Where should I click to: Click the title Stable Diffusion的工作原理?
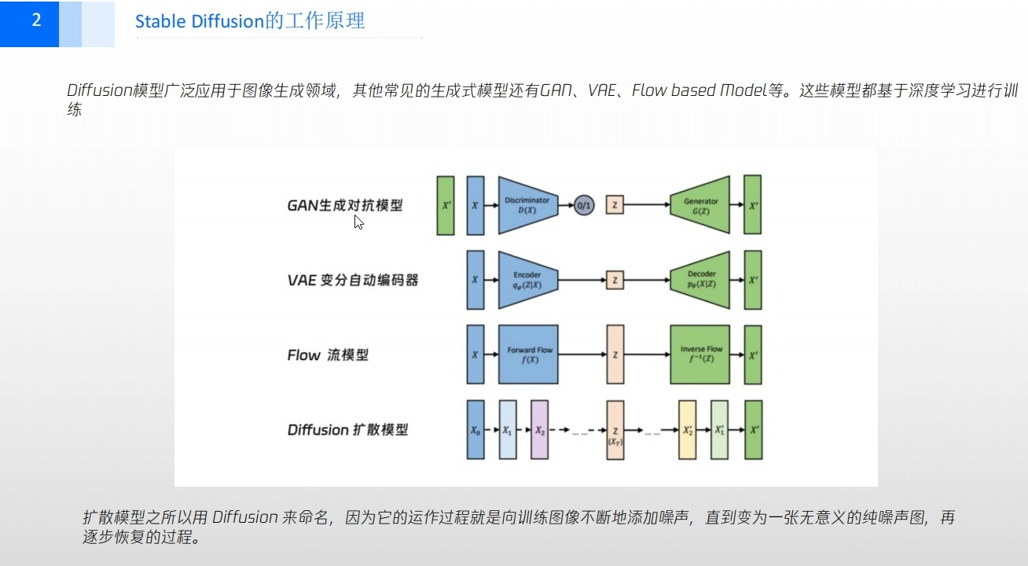(250, 21)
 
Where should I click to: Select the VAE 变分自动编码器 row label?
(352, 280)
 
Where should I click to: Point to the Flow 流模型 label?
(327, 355)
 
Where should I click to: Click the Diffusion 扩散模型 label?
(347, 429)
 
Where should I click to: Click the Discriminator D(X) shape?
(527, 205)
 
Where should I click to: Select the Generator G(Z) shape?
(699, 205)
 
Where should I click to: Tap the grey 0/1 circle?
(584, 205)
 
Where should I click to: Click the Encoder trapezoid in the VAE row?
(527, 280)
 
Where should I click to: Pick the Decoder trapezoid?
(699, 280)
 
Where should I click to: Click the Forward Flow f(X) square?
(527, 355)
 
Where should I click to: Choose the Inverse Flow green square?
(699, 355)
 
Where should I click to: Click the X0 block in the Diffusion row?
(475, 430)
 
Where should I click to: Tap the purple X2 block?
(539, 430)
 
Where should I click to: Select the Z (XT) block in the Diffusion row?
(615, 430)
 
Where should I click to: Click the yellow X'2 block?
(687, 430)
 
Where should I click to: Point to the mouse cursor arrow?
(358, 222)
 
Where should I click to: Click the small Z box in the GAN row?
(615, 205)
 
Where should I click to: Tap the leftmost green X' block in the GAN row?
(446, 205)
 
